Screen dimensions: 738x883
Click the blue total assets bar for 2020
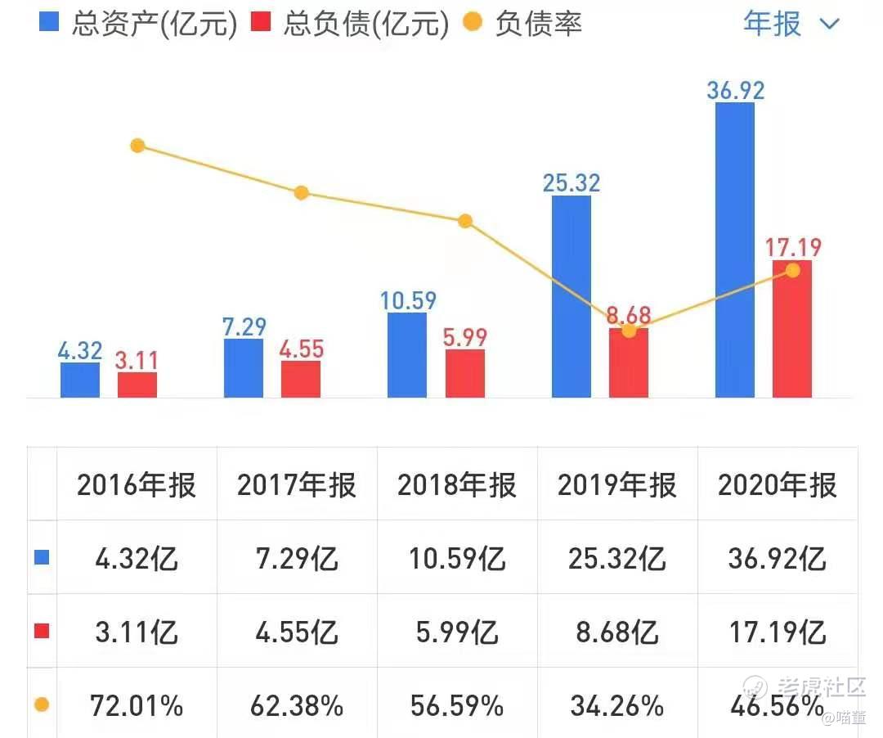pos(734,250)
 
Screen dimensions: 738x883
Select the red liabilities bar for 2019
pos(628,364)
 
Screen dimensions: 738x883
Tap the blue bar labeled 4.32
pos(79,380)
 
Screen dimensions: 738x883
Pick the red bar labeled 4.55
pos(301,379)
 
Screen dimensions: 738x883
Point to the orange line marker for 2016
pos(137,146)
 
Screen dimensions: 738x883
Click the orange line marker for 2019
pos(628,331)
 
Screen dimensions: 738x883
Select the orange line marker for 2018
pos(464,221)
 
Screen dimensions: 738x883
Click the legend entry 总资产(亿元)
pos(139,24)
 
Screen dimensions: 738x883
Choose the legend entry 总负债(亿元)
pos(352,24)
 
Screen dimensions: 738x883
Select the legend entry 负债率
pos(523,24)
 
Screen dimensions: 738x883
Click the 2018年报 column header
pos(457,485)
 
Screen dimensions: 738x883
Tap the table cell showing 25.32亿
pos(617,559)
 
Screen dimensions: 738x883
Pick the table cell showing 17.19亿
pos(778,632)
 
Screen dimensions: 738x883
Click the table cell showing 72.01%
pos(137,705)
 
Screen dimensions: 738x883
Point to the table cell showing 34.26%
pos(617,705)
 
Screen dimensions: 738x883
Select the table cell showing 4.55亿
pos(297,632)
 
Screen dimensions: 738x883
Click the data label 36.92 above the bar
pos(735,89)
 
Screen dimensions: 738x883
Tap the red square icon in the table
pos(43,631)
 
